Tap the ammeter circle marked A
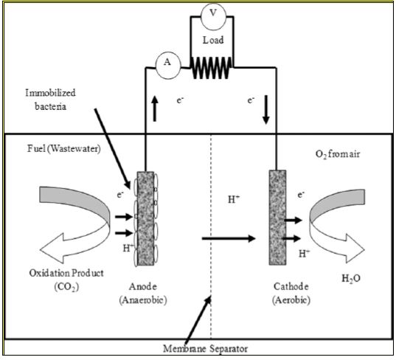168,66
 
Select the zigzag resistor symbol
212,68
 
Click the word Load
213,40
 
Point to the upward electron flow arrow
155,109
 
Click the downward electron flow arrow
265,110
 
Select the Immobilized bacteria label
50,100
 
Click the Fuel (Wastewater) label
64,148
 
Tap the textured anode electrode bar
145,218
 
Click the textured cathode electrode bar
277,218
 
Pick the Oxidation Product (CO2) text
66,280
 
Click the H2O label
351,279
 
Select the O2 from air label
338,154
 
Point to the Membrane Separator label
205,349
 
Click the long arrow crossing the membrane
229,238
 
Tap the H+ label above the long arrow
234,199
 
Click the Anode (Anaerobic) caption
143,294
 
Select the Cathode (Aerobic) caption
291,294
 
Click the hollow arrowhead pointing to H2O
355,249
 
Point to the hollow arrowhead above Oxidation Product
52,249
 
